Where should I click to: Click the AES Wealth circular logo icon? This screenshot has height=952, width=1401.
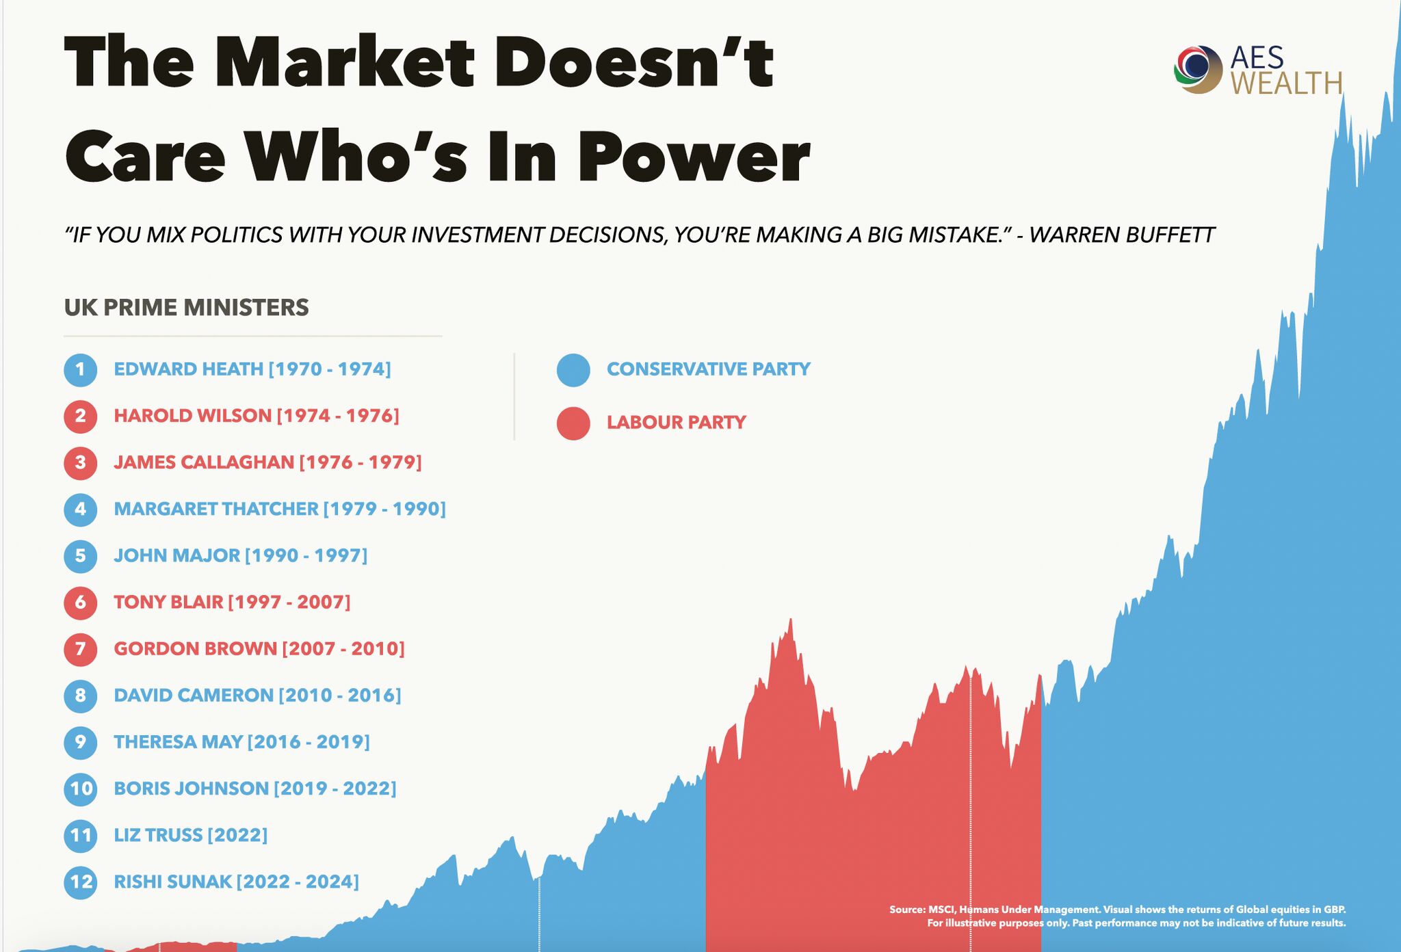[1198, 69]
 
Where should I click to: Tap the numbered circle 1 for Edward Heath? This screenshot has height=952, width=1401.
[81, 369]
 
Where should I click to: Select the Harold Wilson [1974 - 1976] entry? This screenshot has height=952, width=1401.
[256, 416]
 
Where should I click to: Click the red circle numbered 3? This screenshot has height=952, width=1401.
[81, 462]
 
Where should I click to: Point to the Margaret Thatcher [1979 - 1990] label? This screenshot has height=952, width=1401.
[279, 509]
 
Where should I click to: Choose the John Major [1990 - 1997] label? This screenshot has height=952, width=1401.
[240, 555]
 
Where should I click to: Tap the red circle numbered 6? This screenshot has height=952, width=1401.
[81, 602]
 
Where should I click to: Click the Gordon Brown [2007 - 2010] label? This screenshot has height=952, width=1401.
[259, 648]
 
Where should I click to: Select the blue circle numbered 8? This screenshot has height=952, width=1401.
[81, 696]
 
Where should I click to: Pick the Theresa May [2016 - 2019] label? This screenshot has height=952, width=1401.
[241, 742]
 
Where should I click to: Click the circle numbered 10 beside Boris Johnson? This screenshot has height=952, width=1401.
[81, 789]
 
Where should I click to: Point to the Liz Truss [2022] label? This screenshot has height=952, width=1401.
[190, 835]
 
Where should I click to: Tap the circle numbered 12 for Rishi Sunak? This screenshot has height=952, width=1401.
[81, 882]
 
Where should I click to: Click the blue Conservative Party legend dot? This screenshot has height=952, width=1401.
[573, 370]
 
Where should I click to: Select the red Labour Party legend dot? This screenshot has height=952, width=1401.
[573, 423]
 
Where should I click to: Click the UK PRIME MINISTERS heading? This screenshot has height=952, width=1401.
[186, 308]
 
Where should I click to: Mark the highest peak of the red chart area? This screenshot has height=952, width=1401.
[791, 621]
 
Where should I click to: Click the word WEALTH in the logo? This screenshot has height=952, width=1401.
[1286, 83]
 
